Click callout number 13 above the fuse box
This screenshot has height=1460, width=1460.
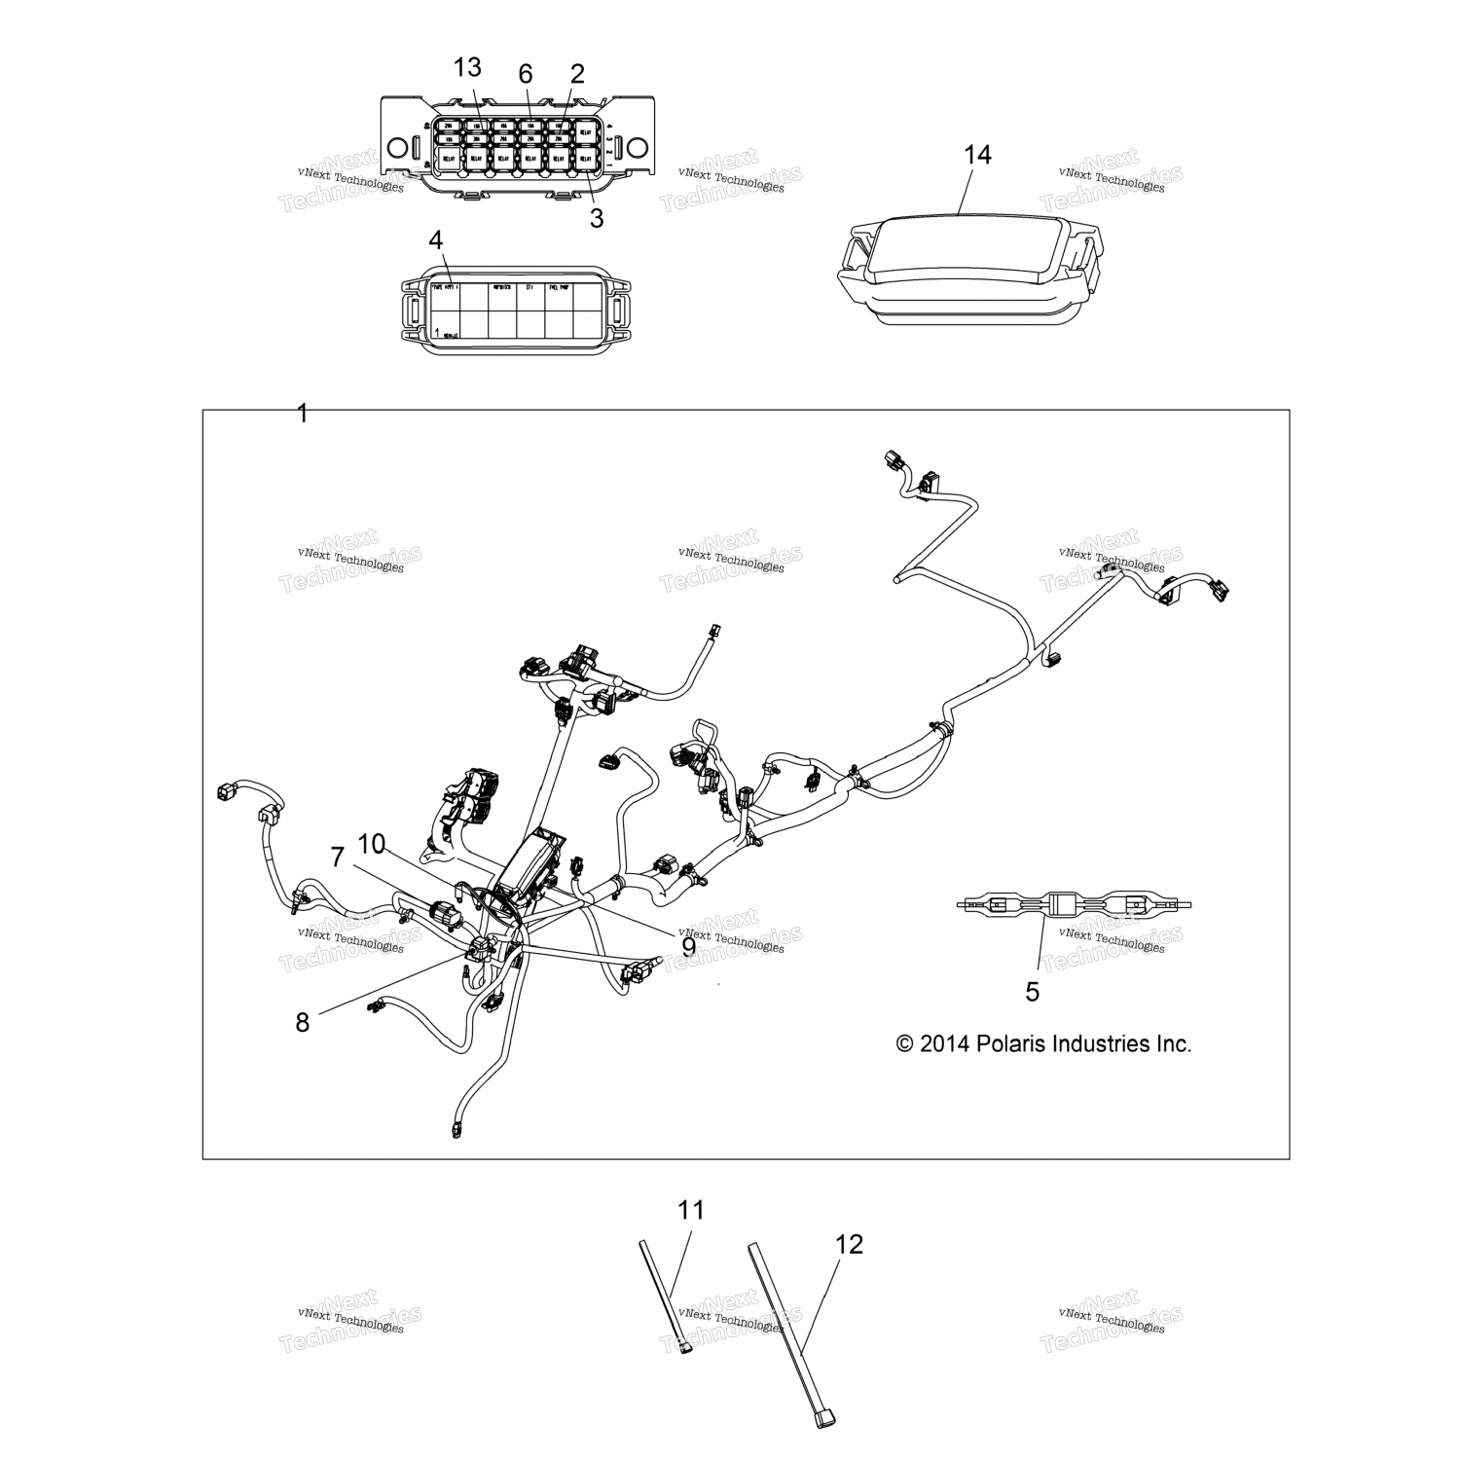467,67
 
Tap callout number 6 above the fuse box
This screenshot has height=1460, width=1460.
526,74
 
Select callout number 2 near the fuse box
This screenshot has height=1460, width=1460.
577,74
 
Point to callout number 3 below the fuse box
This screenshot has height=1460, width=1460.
597,218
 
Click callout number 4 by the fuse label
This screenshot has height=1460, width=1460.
435,239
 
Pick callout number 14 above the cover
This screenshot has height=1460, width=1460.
977,155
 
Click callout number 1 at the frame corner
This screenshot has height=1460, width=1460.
302,414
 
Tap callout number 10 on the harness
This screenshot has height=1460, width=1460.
372,844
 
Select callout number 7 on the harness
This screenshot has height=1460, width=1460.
338,858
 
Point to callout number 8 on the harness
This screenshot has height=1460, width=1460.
303,1022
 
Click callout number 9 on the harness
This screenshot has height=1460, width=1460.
688,946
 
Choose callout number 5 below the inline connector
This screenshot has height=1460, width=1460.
1033,992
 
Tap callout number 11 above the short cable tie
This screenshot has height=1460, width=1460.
691,1210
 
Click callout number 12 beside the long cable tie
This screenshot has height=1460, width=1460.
850,1244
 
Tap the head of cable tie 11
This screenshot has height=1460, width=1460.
687,1351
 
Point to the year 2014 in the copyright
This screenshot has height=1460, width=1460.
944,1043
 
